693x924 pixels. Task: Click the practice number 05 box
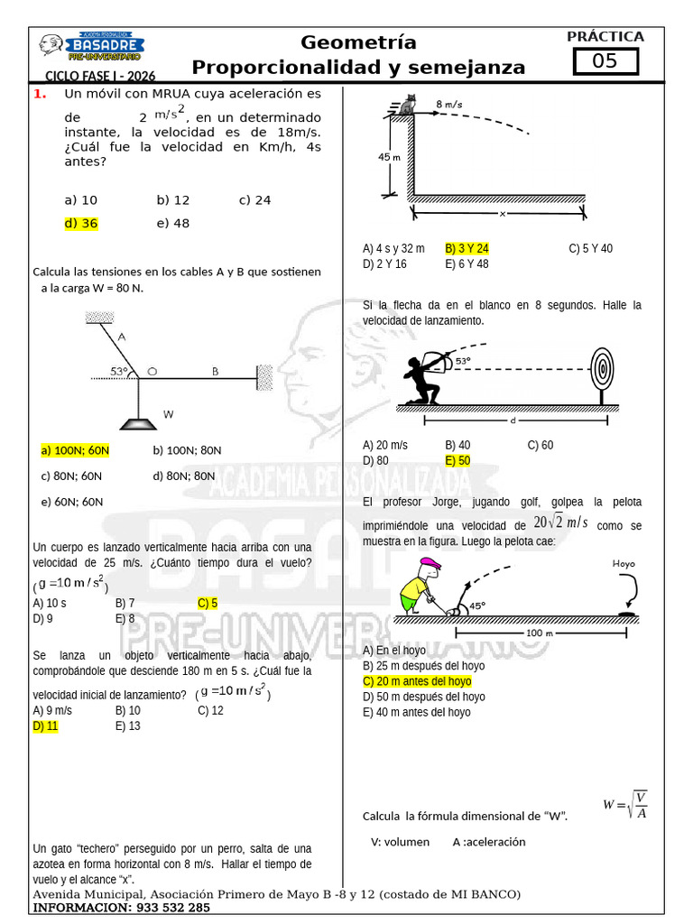[x=605, y=61]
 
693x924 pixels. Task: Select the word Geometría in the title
[x=358, y=42]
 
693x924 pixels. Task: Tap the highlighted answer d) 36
[x=81, y=224]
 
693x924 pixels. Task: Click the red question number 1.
[x=39, y=94]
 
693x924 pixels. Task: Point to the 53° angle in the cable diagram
[x=119, y=371]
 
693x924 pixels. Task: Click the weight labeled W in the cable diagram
[x=138, y=420]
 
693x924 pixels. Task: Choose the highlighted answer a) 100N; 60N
[x=75, y=449]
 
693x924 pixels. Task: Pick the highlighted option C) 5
[x=208, y=603]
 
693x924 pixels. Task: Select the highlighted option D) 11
[x=45, y=725]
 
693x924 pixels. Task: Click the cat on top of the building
[x=409, y=106]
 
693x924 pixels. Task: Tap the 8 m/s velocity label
[x=449, y=105]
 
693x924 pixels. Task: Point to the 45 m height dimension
[x=388, y=156]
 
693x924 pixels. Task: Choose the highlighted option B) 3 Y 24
[x=467, y=248]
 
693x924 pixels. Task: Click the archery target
[x=601, y=370]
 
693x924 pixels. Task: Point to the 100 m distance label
[x=539, y=633]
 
